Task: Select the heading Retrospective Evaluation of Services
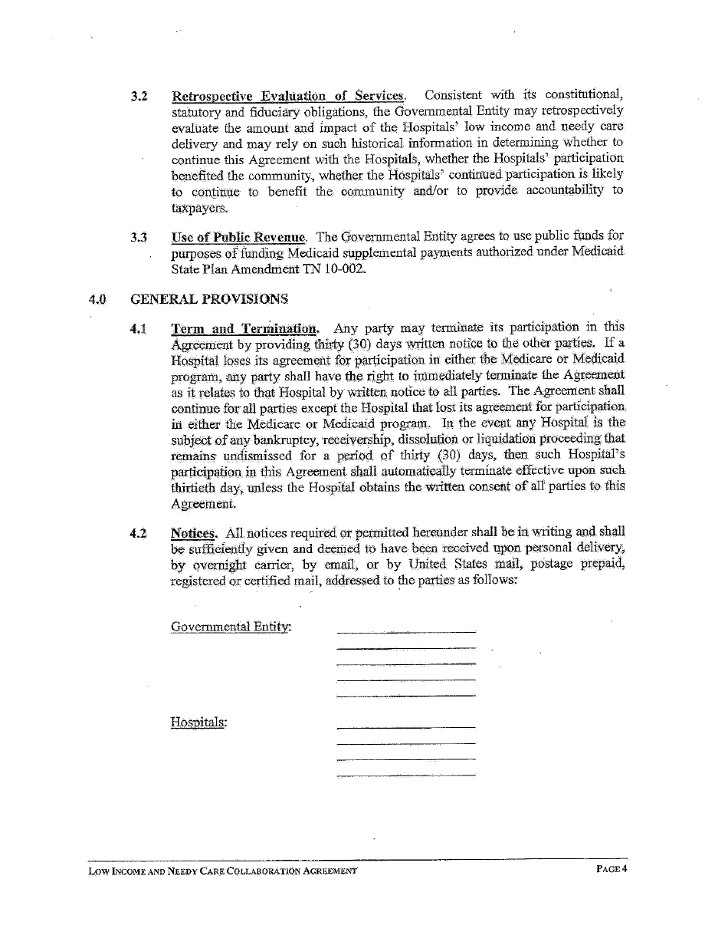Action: click(287, 97)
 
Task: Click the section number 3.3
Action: click(139, 236)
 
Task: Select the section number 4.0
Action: click(97, 299)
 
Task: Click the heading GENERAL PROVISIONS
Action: click(209, 298)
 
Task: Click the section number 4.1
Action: click(139, 328)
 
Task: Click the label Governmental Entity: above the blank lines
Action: click(231, 627)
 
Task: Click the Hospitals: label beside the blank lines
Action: click(198, 722)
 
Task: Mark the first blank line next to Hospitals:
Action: click(406, 727)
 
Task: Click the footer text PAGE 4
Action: click(612, 869)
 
